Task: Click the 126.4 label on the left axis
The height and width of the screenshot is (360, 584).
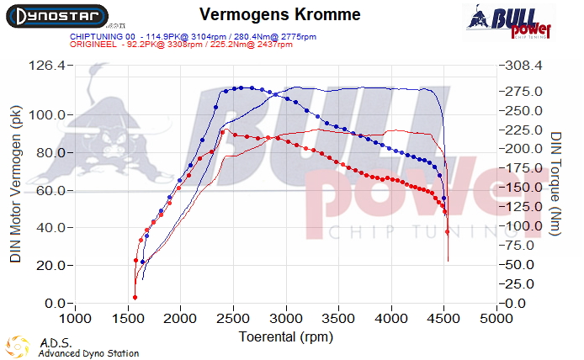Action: point(47,66)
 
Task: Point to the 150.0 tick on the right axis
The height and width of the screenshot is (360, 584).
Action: point(523,187)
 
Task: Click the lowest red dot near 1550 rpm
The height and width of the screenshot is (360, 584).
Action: point(135,297)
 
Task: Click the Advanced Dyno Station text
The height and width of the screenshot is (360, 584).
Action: point(88,353)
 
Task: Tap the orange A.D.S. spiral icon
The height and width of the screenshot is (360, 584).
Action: point(15,346)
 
